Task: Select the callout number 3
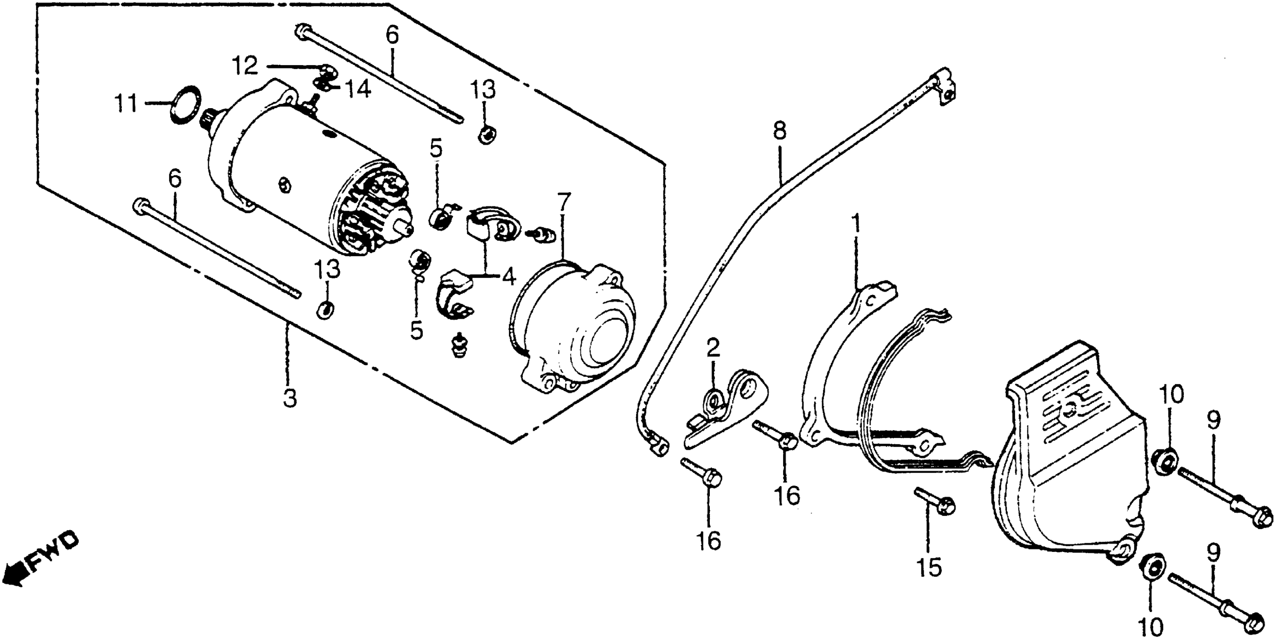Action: click(290, 399)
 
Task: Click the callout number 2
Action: click(713, 349)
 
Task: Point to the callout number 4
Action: click(508, 277)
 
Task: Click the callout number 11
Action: click(126, 104)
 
